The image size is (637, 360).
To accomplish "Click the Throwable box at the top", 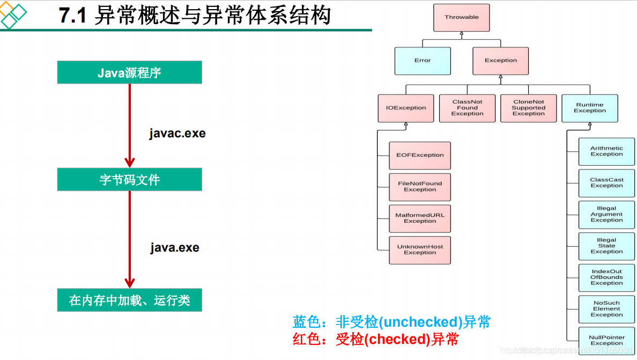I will pyautogui.click(x=462, y=17).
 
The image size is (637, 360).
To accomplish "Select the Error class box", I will pyautogui.click(x=423, y=61).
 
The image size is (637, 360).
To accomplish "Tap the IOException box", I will pyautogui.click(x=406, y=108).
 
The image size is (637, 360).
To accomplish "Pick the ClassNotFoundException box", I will pyautogui.click(x=467, y=108).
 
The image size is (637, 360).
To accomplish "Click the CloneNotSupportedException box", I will pyautogui.click(x=528, y=108).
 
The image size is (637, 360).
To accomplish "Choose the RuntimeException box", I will pyautogui.click(x=590, y=108).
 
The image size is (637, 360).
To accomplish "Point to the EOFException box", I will pyautogui.click(x=420, y=155).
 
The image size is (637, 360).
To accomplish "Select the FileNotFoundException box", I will pyautogui.click(x=420, y=187).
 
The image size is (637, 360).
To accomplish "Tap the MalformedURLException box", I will pyautogui.click(x=420, y=218).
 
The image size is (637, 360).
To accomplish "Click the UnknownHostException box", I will pyautogui.click(x=420, y=250).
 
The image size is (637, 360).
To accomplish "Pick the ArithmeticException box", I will pyautogui.click(x=606, y=151).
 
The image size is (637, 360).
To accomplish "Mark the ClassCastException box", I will pyautogui.click(x=606, y=183).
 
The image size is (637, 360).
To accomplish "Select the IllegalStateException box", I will pyautogui.click(x=606, y=246).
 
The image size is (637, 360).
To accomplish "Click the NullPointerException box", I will pyautogui.click(x=606, y=340).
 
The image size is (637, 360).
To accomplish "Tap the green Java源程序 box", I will pyautogui.click(x=129, y=72).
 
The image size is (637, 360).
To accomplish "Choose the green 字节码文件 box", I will pyautogui.click(x=129, y=180).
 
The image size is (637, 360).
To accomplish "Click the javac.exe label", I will pyautogui.click(x=177, y=134).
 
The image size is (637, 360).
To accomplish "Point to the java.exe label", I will pyautogui.click(x=175, y=248).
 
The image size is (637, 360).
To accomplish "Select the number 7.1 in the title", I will pyautogui.click(x=73, y=16).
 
